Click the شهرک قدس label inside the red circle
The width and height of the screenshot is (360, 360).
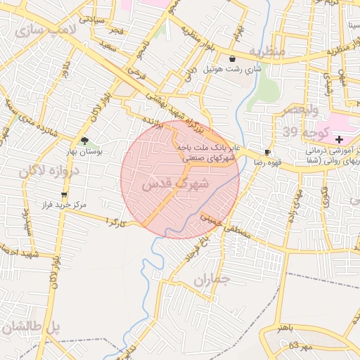coord(175,184)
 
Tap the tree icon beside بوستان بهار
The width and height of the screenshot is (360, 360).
coord(85,141)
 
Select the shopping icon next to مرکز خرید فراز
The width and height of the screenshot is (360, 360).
coord(65,194)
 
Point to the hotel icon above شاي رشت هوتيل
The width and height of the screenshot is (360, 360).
coord(233,59)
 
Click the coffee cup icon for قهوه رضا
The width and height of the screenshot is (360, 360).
coord(267,152)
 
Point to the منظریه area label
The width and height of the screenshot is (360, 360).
coord(266,52)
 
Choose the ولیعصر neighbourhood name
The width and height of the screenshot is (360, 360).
coord(300,110)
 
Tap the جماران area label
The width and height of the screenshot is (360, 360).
coord(212,280)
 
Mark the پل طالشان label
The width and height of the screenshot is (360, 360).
coord(32,328)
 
